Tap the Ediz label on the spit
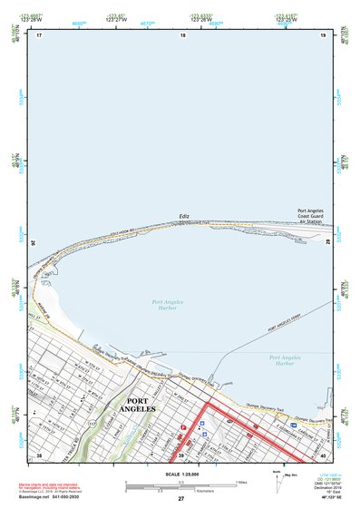184,216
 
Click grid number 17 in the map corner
39,34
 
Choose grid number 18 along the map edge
182,34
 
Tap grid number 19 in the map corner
322,34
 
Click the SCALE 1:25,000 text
180,472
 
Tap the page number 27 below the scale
181,498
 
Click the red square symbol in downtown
183,425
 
